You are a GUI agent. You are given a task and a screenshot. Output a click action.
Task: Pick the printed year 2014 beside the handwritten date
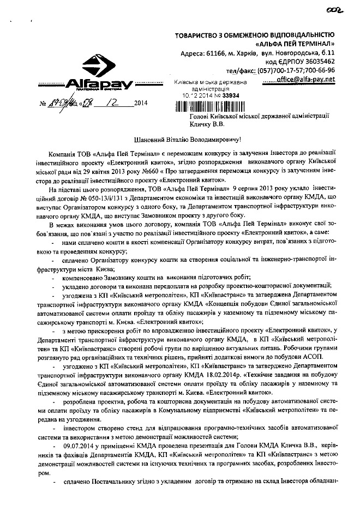click(x=140, y=102)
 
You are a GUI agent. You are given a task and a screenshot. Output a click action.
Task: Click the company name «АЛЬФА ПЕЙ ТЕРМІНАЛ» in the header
click(x=295, y=43)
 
